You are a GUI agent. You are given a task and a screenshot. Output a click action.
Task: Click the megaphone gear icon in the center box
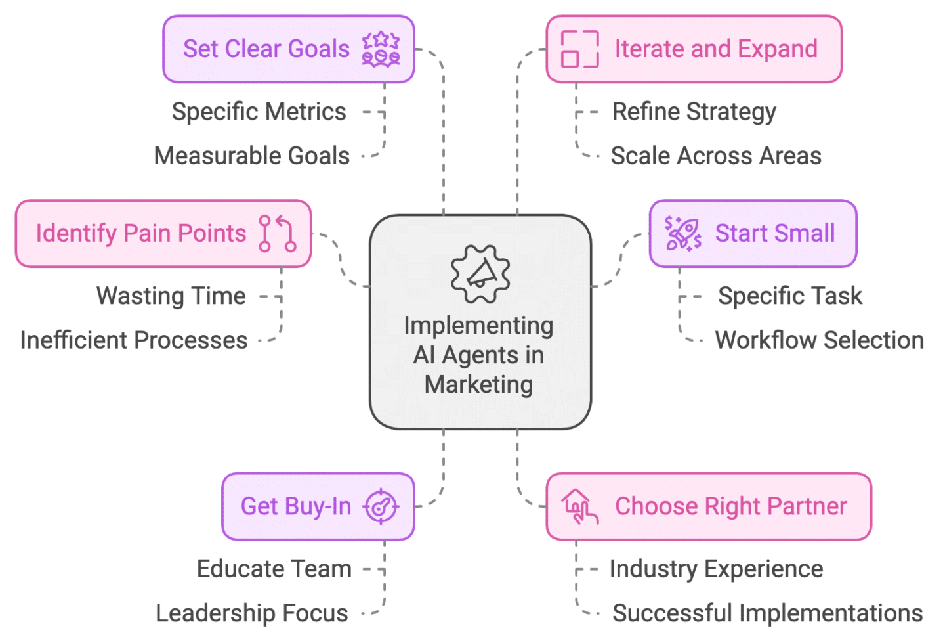[x=480, y=274]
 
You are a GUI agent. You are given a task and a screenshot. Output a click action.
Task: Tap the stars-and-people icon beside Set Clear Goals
[x=381, y=49]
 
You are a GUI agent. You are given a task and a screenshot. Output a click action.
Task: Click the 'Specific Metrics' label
[x=259, y=112]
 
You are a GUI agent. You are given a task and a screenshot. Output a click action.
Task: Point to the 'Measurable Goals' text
[x=252, y=156]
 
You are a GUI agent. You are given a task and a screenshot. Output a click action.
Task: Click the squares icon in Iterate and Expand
[x=579, y=49]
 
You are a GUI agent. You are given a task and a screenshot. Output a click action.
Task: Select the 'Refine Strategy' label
[x=694, y=112]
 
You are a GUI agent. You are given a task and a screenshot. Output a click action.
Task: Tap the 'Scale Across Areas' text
[x=715, y=156]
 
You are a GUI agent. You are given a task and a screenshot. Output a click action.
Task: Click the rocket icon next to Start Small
[x=683, y=233]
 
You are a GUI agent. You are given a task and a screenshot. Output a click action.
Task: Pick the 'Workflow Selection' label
[x=819, y=340]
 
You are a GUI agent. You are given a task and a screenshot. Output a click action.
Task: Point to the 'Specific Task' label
[x=789, y=296]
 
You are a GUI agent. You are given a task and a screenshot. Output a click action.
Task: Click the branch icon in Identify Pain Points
[x=277, y=233]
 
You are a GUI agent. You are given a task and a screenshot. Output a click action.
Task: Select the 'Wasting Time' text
[x=171, y=296]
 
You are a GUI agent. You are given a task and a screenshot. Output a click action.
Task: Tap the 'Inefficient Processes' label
[x=134, y=340]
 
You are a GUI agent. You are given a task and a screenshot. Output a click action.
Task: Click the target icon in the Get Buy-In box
[x=381, y=506]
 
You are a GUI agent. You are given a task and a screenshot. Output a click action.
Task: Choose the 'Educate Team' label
[x=274, y=569]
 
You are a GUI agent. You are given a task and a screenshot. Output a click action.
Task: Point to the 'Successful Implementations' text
[x=767, y=613]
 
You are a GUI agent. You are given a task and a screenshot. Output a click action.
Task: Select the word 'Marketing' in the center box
[x=478, y=384]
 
